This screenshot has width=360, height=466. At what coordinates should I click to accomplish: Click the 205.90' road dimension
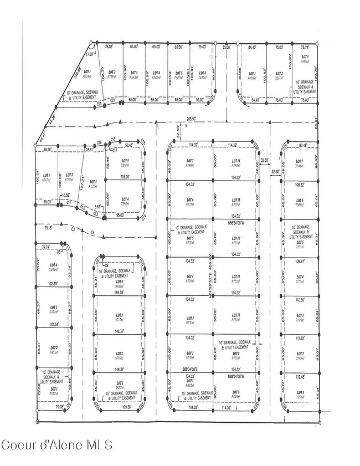(x=192, y=119)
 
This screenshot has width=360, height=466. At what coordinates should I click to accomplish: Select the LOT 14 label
(x=236, y=161)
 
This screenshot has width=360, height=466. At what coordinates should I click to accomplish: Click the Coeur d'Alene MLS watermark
(x=57, y=444)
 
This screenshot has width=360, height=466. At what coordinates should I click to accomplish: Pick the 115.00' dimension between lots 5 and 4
(x=125, y=177)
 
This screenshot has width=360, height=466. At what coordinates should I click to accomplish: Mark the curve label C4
(x=93, y=232)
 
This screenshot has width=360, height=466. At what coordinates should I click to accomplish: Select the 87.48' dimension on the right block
(x=301, y=146)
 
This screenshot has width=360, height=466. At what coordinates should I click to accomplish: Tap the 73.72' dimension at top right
(x=306, y=48)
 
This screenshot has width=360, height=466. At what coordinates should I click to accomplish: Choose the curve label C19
(x=100, y=143)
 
